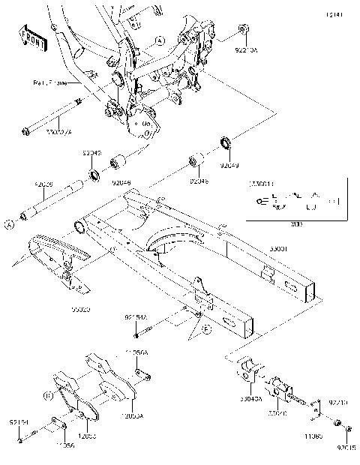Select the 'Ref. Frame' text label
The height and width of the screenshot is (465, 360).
tap(49, 84)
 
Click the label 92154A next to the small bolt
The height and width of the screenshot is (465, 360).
tap(136, 319)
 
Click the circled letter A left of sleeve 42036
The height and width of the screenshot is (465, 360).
tap(10, 223)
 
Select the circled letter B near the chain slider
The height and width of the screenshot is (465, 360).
tap(47, 394)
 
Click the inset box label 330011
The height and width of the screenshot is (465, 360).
tap(262, 182)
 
